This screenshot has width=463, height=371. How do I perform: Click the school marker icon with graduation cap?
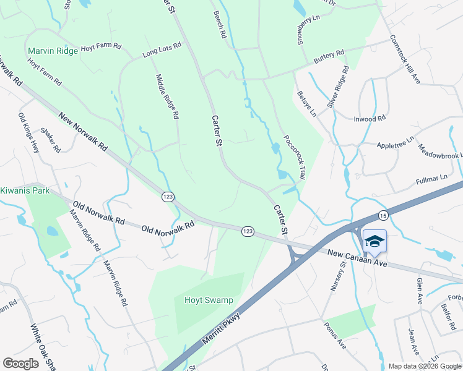click(x=374, y=241)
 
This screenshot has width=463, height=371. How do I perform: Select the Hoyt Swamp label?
click(x=209, y=301)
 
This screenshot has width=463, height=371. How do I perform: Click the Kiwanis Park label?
click(x=25, y=190)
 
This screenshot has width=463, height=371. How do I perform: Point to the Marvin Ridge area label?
click(x=53, y=51)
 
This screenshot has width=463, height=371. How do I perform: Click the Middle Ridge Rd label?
click(x=167, y=96)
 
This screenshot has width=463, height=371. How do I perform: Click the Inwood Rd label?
click(x=370, y=118)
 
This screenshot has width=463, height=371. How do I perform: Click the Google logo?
click(x=20, y=364)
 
